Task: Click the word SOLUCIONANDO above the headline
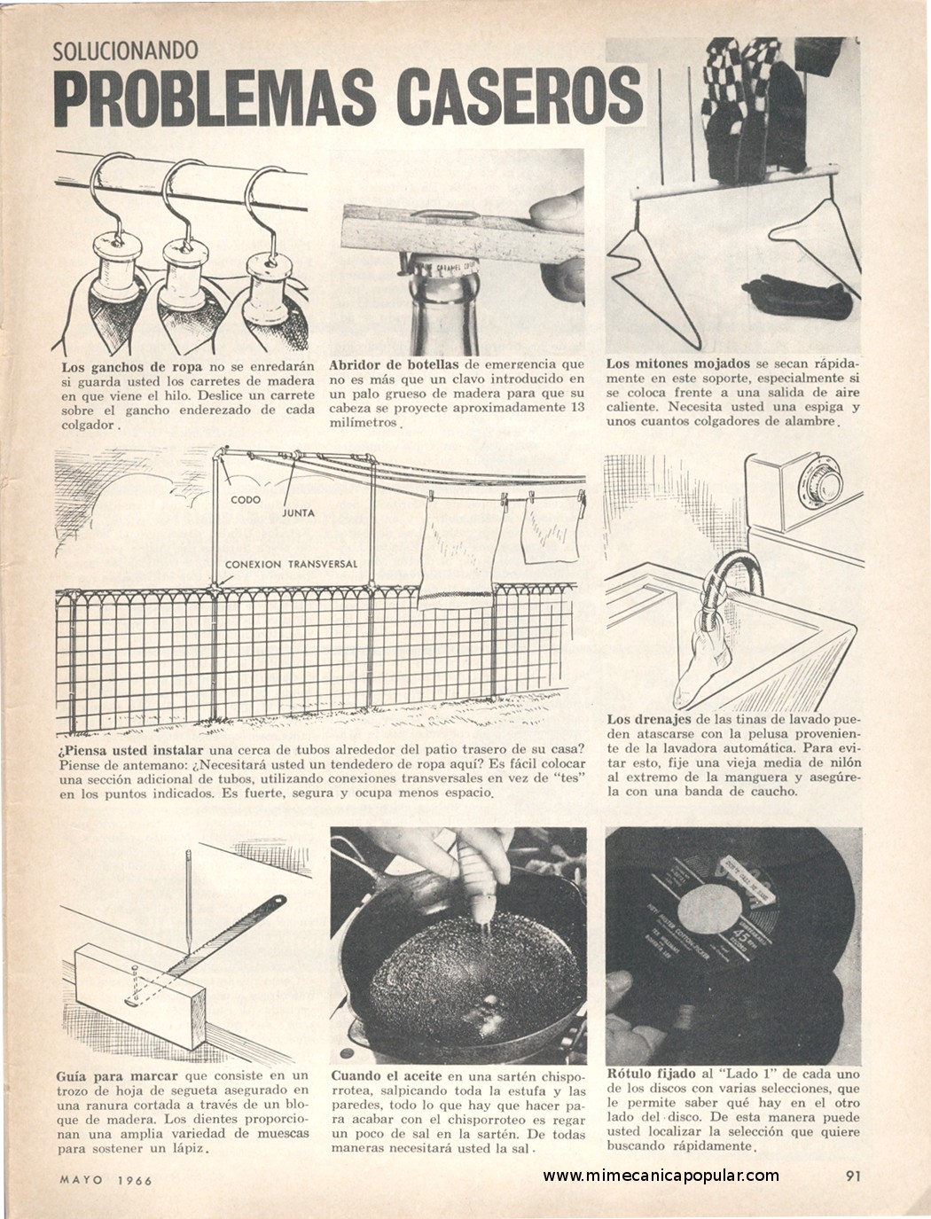click(x=126, y=51)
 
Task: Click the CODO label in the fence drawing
click(x=245, y=499)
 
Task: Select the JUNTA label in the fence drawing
click(x=298, y=512)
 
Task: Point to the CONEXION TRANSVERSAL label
click(x=291, y=564)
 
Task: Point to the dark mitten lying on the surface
click(x=798, y=296)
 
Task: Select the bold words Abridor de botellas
click(x=395, y=365)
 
